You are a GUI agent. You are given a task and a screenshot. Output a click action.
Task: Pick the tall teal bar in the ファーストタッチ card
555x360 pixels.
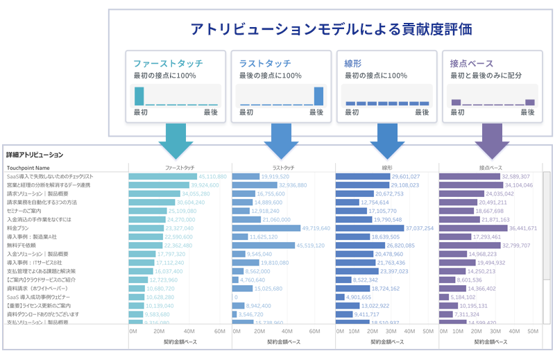[139, 96]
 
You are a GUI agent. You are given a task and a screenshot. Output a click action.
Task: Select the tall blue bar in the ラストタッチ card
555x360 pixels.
[318, 96]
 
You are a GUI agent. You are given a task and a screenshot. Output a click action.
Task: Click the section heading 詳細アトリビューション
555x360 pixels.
[35, 155]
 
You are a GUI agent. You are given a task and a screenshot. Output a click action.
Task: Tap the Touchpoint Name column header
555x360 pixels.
[28, 168]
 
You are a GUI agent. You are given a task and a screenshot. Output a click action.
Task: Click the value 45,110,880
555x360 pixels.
[208, 177]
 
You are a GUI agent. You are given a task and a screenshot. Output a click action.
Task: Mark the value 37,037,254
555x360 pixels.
[420, 228]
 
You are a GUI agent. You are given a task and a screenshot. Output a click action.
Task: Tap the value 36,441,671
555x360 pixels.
[523, 228]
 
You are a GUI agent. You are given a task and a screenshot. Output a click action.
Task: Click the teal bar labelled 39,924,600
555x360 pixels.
[159, 185]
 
